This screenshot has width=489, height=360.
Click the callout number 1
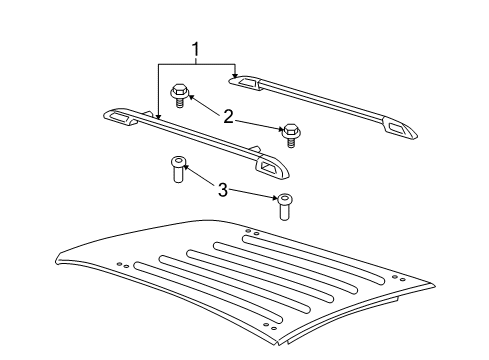[195, 48]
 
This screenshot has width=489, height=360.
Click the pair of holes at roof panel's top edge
[252, 233]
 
